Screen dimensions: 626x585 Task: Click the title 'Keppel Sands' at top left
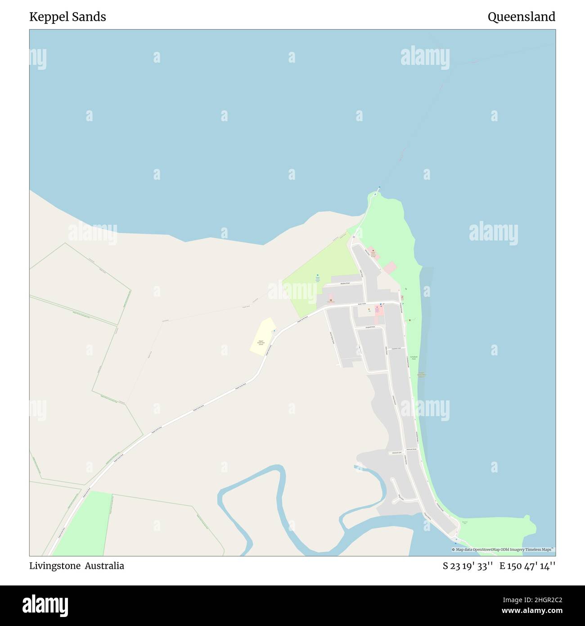point(67,17)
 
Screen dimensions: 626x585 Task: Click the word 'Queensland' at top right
point(521,17)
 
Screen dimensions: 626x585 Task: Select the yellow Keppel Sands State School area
point(261,337)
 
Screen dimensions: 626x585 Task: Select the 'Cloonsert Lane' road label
point(396,348)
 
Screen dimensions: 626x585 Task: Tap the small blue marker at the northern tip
point(379,188)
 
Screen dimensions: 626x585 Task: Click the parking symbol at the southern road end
point(455,538)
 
